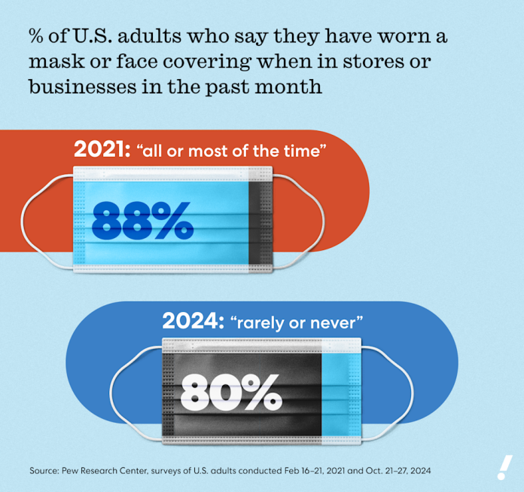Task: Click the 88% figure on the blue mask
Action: pos(142,219)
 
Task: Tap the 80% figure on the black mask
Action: pos(230,390)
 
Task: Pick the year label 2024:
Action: pos(190,322)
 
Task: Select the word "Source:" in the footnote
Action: pos(47,470)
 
